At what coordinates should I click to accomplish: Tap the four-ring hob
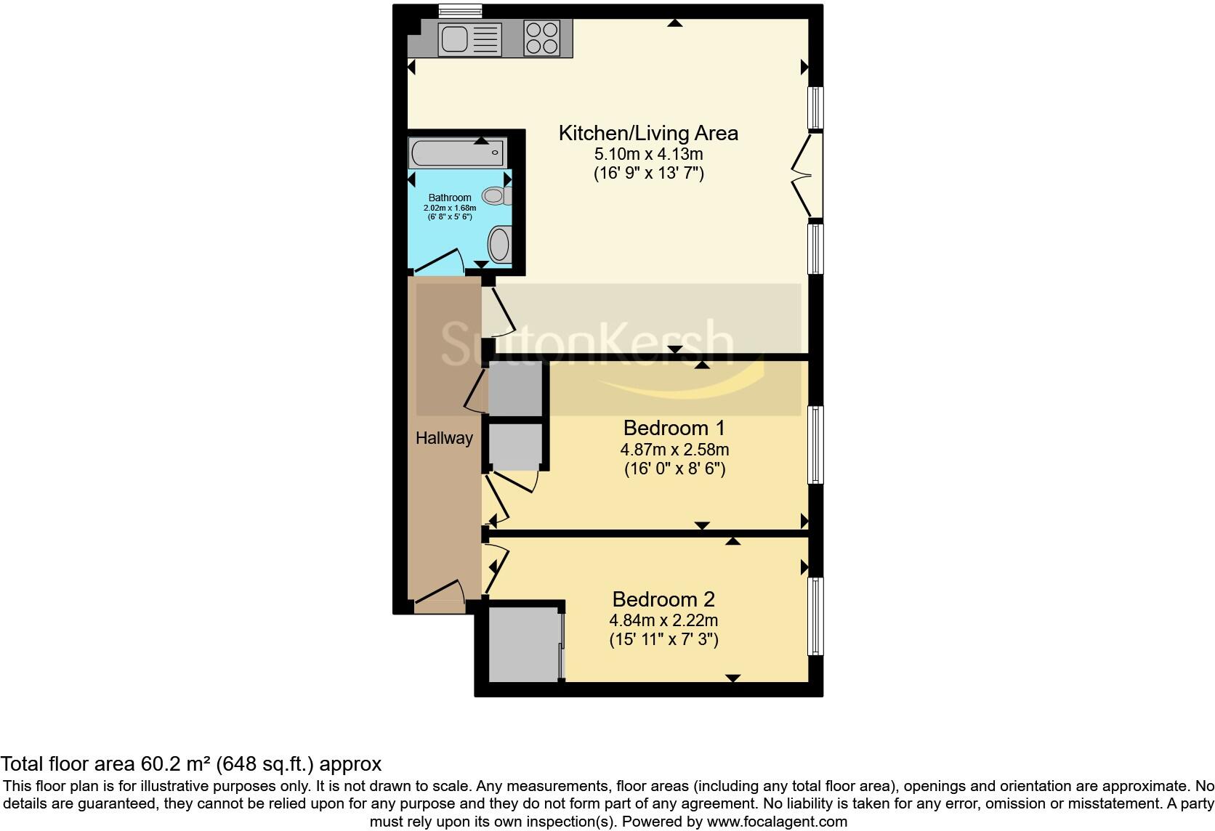[543, 37]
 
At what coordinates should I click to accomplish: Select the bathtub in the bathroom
[457, 153]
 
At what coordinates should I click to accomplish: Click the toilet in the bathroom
[497, 195]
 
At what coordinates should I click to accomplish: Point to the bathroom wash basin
[500, 244]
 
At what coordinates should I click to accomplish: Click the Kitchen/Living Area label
[648, 133]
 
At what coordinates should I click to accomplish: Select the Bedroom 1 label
[674, 427]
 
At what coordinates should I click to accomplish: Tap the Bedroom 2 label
[663, 599]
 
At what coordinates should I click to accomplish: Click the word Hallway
[444, 438]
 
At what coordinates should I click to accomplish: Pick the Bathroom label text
[450, 198]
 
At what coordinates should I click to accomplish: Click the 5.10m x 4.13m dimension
[648, 154]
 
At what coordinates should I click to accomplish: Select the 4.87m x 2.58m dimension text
[674, 450]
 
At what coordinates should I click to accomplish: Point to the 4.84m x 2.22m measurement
[663, 620]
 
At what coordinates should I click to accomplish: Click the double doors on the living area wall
[807, 175]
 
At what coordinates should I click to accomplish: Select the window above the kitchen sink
[460, 11]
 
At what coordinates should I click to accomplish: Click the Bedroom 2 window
[816, 616]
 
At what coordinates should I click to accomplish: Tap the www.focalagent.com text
[776, 822]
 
